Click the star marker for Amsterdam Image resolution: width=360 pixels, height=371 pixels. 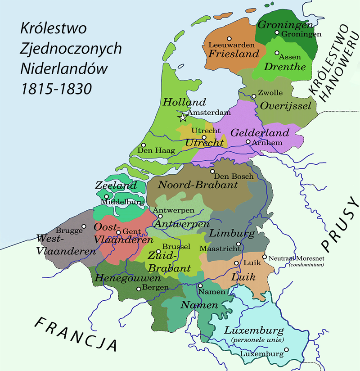point(183,118)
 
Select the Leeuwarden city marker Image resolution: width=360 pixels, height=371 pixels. point(229,39)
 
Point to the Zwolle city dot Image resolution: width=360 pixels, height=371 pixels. point(255,95)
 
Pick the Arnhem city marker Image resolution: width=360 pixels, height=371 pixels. point(248,142)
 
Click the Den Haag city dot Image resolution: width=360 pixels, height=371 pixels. point(143,145)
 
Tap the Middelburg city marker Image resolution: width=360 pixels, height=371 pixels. point(106,196)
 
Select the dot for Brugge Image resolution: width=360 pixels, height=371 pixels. point(83,226)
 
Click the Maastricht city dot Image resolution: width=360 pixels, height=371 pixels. point(238,244)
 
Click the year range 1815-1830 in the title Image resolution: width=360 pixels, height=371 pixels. point(56,87)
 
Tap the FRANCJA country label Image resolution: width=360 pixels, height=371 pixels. point(76,334)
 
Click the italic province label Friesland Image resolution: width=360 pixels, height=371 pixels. point(234,54)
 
